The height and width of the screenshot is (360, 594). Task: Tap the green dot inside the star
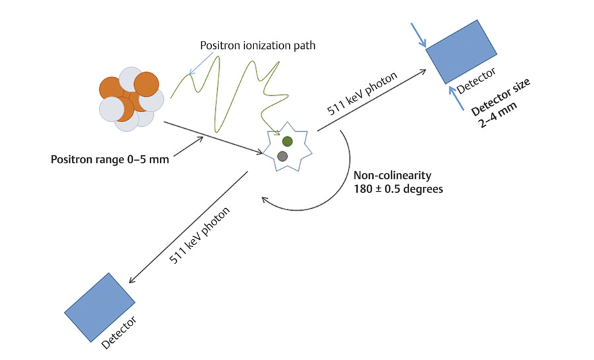287,141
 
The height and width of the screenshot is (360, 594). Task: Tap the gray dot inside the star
282,156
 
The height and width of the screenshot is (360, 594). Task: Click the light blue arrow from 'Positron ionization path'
202,63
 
